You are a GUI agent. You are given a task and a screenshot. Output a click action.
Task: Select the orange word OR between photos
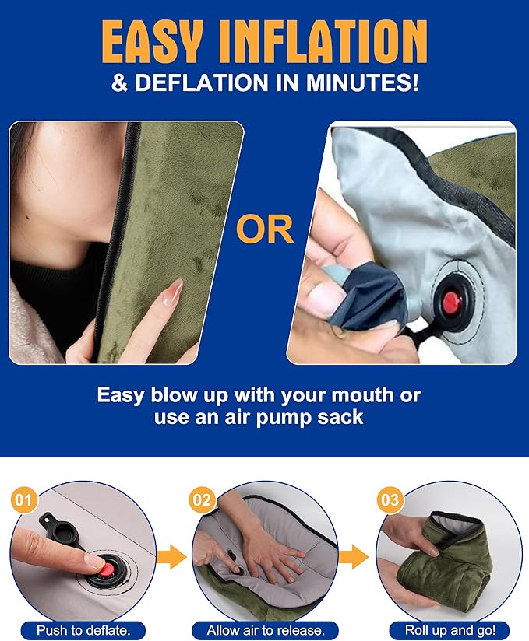coord(265,231)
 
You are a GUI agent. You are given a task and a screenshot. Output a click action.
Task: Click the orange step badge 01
coord(23,499)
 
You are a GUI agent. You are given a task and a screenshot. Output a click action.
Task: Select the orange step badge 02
coord(202,499)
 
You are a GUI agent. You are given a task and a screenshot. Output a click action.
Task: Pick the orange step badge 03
coord(390,499)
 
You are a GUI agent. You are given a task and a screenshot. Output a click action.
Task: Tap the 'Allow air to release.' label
coord(266,629)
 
